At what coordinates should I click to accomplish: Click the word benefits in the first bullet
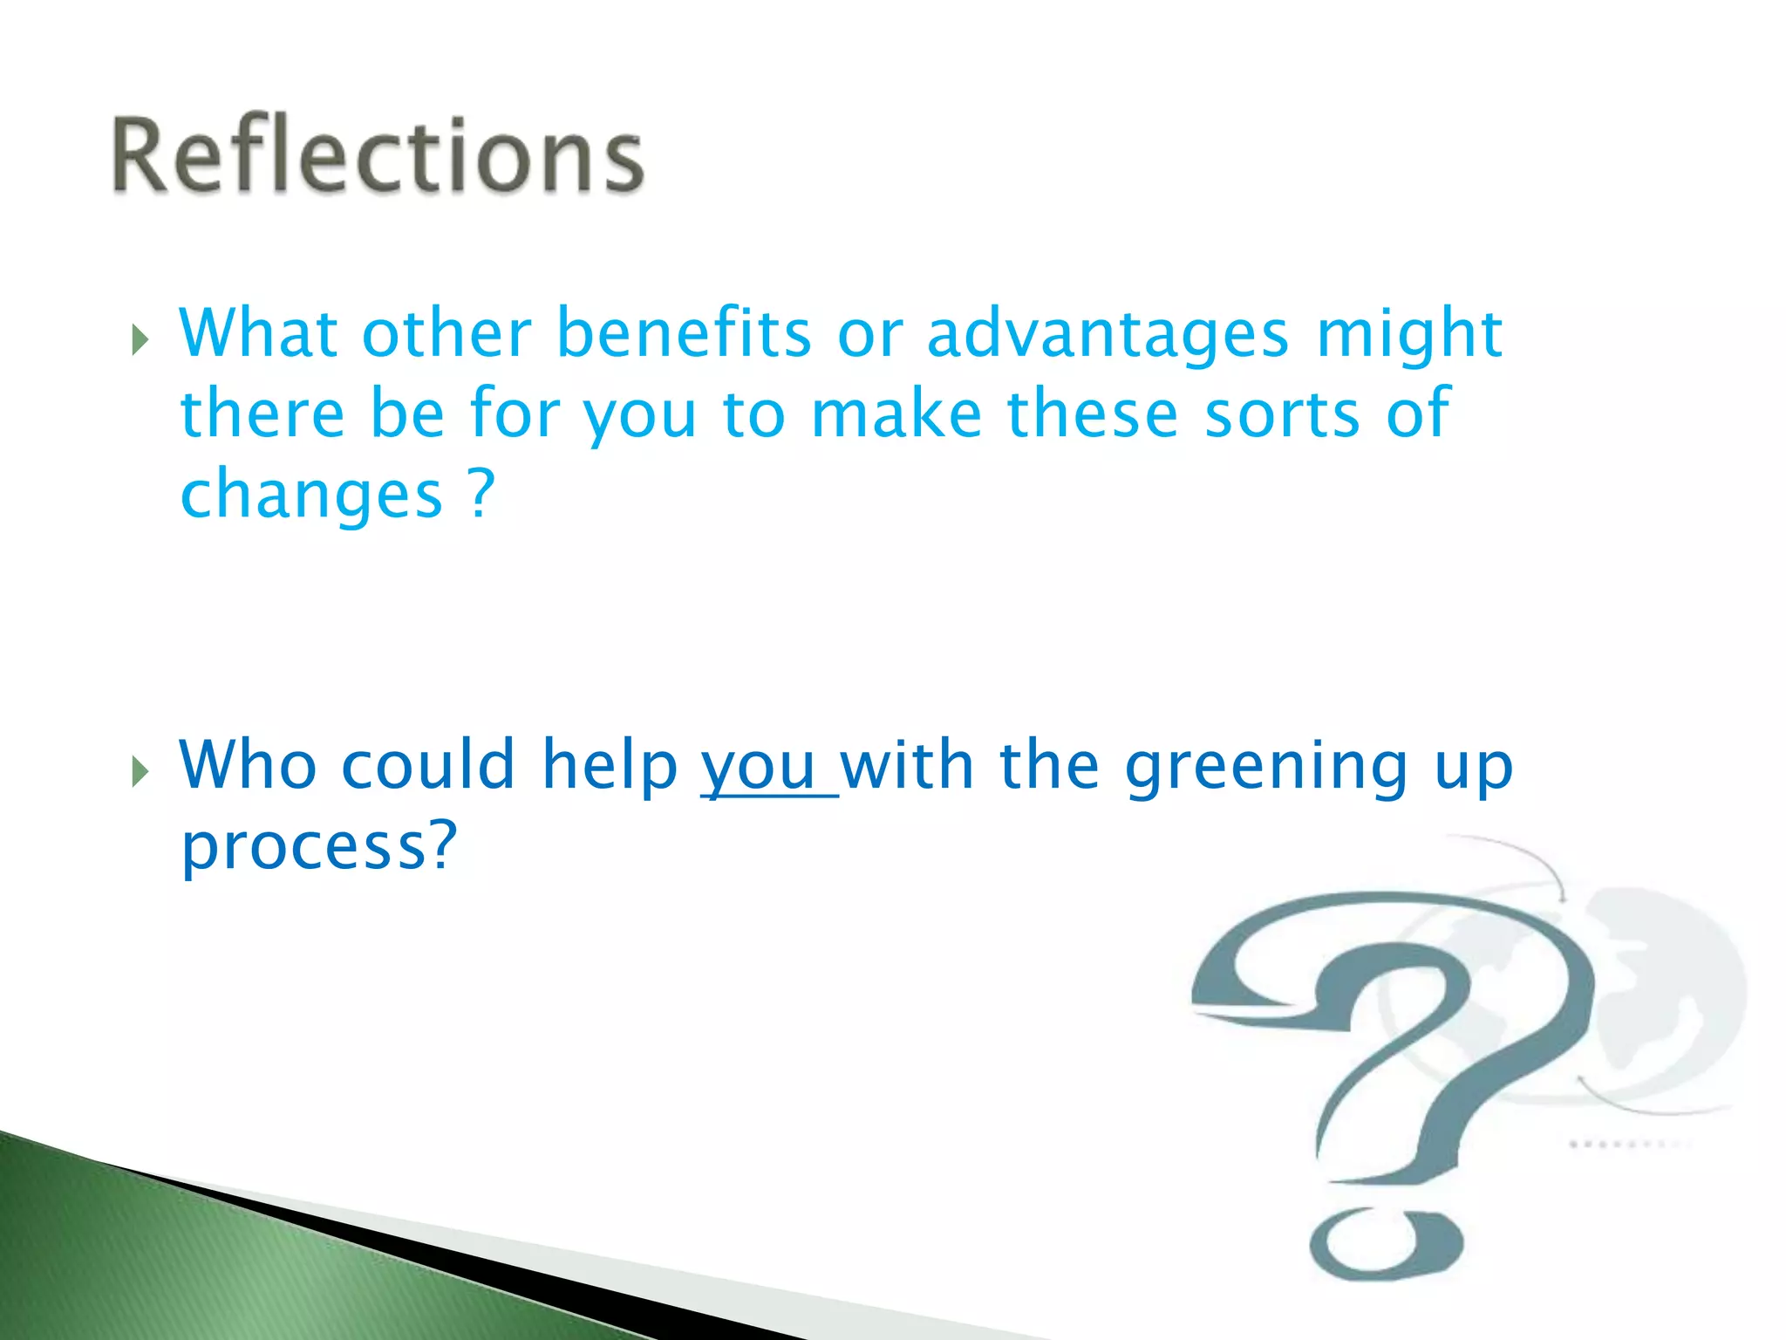pyautogui.click(x=684, y=333)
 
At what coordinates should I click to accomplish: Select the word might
pyautogui.click(x=1409, y=335)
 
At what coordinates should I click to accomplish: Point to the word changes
pyautogui.click(x=311, y=496)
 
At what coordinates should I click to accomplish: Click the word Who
pyautogui.click(x=248, y=765)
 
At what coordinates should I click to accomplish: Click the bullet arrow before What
pyautogui.click(x=140, y=339)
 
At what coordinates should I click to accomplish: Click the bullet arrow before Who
pyautogui.click(x=140, y=771)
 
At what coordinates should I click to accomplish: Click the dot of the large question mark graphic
pyautogui.click(x=1386, y=1242)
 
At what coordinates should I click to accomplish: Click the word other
pyautogui.click(x=446, y=333)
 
